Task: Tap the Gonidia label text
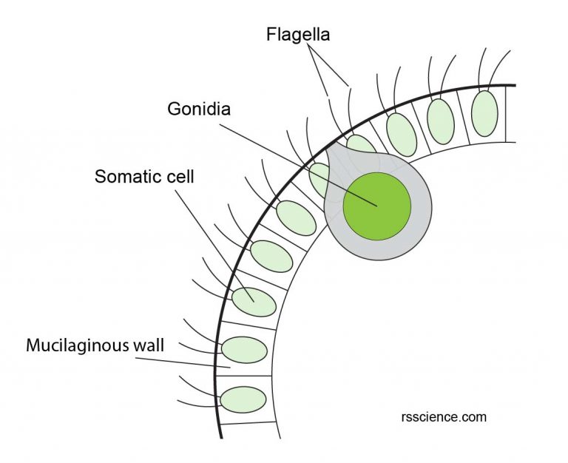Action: (x=198, y=109)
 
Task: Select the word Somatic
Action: (x=121, y=178)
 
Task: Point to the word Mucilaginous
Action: (x=71, y=345)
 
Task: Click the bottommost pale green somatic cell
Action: (x=242, y=399)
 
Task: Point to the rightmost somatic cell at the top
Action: (x=484, y=112)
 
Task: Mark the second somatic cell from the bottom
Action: (x=244, y=350)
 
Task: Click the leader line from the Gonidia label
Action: (x=296, y=158)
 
